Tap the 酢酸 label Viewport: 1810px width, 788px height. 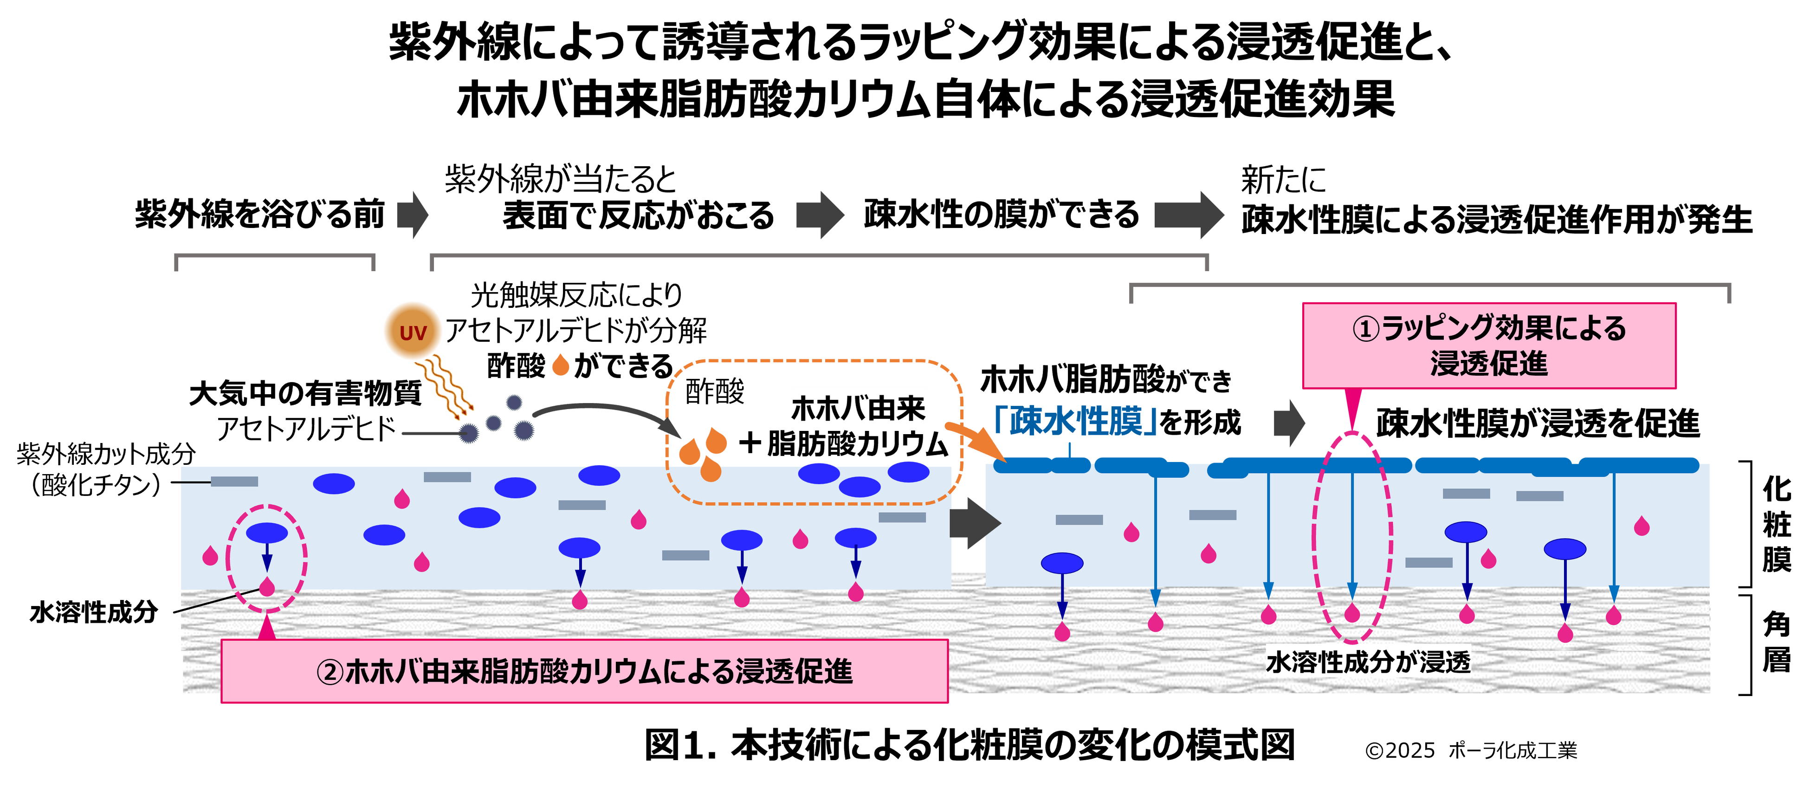pos(714,391)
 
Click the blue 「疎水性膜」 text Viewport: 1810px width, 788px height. pos(1075,421)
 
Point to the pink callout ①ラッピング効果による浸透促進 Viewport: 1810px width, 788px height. pos(1489,345)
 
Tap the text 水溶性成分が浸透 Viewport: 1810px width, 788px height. pos(1367,662)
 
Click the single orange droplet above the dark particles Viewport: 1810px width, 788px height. pos(560,365)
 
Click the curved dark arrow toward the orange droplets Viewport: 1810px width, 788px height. pos(604,411)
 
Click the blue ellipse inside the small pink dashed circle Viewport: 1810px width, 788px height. pos(266,533)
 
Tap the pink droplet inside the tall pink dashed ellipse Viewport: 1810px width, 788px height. pos(1352,613)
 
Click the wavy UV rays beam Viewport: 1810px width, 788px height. pos(447,387)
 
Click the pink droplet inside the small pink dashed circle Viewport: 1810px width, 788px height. pos(267,586)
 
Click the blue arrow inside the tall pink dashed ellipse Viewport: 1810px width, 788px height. pos(1352,534)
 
